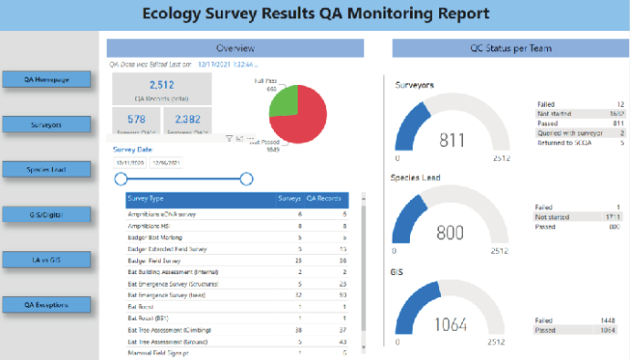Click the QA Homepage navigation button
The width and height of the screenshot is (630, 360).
48,79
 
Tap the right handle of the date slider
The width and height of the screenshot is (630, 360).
246,179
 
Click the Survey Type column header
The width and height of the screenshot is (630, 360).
146,198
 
